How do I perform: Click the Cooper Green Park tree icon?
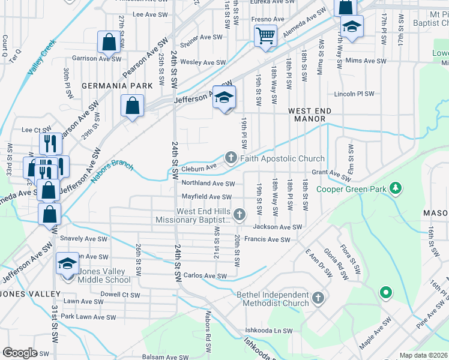[395, 189]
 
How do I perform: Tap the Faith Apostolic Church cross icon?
[230, 158]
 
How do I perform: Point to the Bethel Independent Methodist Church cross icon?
[318, 297]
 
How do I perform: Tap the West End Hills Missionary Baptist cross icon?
[240, 214]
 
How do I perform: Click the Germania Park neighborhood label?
[117, 86]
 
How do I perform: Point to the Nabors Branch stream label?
[113, 171]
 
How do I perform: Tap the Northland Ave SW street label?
[208, 184]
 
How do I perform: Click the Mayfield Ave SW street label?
[206, 197]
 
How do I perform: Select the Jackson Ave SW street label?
[277, 227]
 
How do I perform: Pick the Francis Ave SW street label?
[271, 239]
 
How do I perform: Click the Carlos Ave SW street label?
[205, 276]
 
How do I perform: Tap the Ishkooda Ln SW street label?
[268, 331]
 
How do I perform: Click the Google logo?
[20, 353]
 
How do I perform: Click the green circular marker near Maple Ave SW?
[385, 293]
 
